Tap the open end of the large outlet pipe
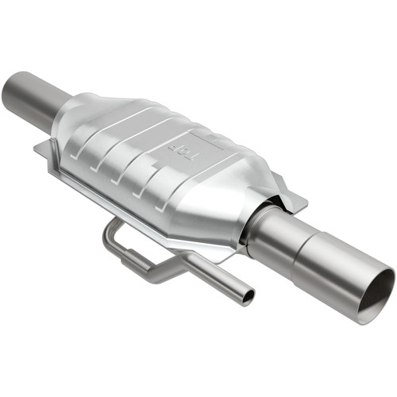tap(374, 295)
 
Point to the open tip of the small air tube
tap(249, 297)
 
